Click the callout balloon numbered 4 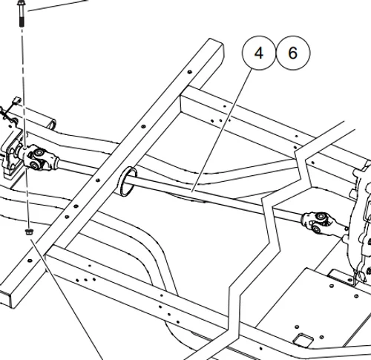259,53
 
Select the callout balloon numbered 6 292,53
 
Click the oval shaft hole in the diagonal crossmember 127,183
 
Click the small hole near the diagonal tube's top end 191,72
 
